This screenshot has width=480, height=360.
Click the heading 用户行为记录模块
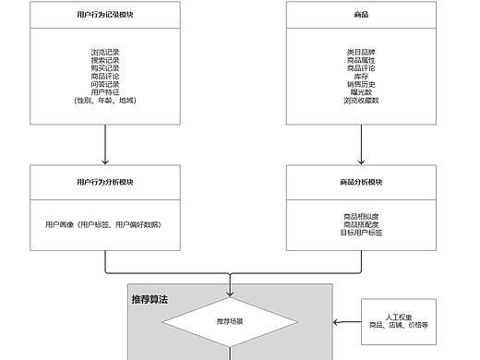tap(105, 16)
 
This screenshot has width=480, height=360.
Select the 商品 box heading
tap(360, 16)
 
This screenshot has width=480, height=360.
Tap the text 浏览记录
tap(105, 54)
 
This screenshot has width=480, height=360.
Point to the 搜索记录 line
tap(105, 61)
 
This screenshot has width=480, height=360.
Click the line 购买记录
tap(105, 68)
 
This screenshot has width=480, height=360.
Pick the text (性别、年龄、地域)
tap(105, 100)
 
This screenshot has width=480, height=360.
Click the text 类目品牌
tap(360, 54)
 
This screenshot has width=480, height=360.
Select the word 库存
tap(360, 77)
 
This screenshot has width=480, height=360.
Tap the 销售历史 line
tap(360, 84)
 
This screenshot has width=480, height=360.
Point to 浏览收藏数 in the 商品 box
tap(360, 100)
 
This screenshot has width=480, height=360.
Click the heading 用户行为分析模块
tap(105, 182)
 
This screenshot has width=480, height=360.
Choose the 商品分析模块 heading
tap(360, 182)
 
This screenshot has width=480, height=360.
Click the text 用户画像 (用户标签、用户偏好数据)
tap(102, 224)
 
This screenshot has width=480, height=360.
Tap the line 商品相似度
tap(360, 216)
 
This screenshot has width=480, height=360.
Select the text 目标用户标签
tap(360, 232)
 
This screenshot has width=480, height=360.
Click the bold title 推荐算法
tap(150, 300)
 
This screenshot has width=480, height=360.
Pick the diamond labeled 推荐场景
tap(229, 322)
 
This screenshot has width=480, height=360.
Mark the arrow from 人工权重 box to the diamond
tap(347, 322)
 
